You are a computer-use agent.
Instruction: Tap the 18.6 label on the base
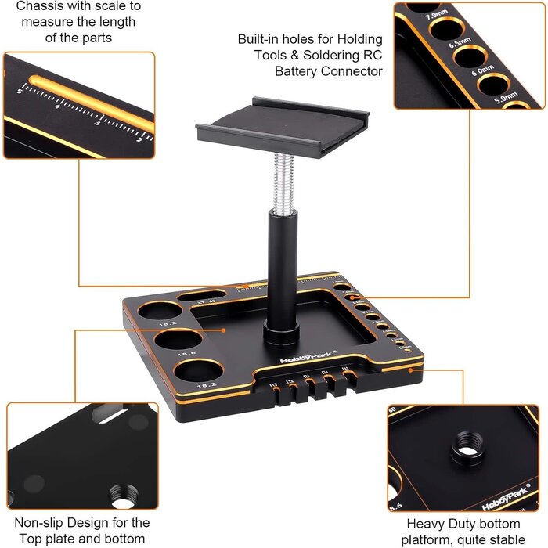click(x=165, y=355)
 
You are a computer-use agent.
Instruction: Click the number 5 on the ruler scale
click(x=16, y=91)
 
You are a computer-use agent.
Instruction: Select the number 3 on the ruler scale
click(x=96, y=123)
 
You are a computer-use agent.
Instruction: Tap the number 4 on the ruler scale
click(x=56, y=106)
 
